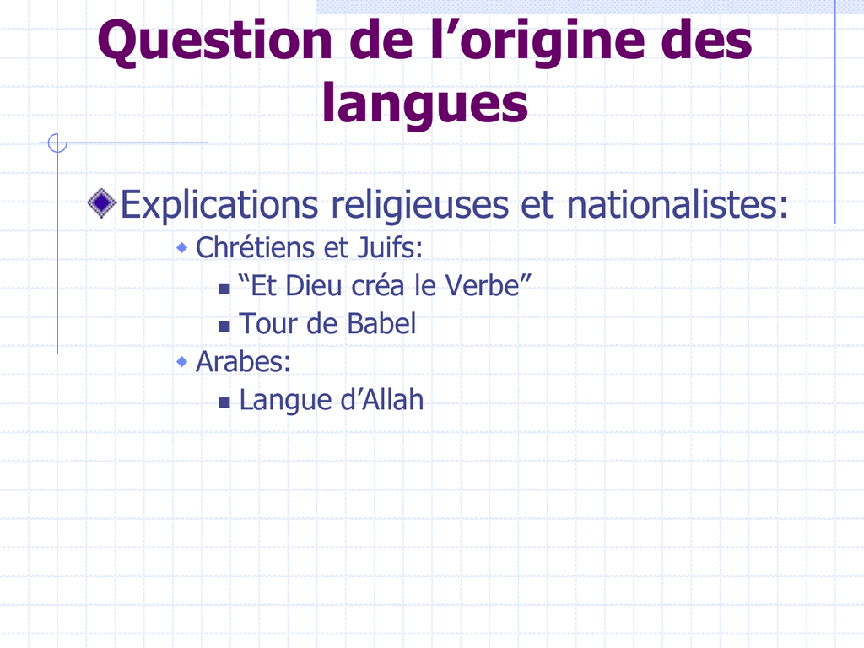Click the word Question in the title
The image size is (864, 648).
coord(215,42)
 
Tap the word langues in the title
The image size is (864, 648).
coord(425,103)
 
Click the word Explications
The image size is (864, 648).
coord(219,205)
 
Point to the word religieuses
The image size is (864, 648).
coord(420,205)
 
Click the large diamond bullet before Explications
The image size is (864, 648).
coord(102,203)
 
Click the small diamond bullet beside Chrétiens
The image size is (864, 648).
coord(182,248)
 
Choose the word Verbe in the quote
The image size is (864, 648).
coord(482,285)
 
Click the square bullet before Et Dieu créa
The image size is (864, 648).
coord(224,289)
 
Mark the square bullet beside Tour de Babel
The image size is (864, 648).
coord(224,327)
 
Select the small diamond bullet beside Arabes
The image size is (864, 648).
coord(182,362)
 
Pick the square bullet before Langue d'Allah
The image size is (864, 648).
coord(224,402)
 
